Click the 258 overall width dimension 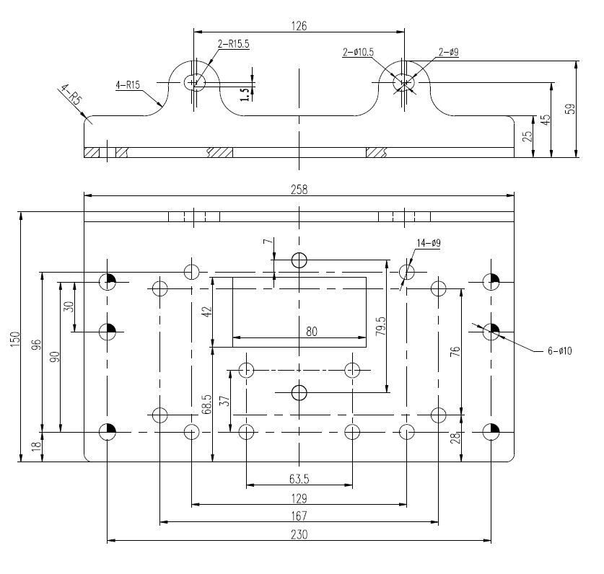coord(299,190)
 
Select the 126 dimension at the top coord(299,26)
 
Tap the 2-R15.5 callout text coord(233,44)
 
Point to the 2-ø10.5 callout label coord(358,52)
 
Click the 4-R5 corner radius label coord(71,94)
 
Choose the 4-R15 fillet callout coord(128,84)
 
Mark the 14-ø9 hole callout coord(429,243)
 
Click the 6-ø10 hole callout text coord(560,350)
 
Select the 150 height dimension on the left coord(14,339)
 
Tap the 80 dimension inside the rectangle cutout coord(312,332)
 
